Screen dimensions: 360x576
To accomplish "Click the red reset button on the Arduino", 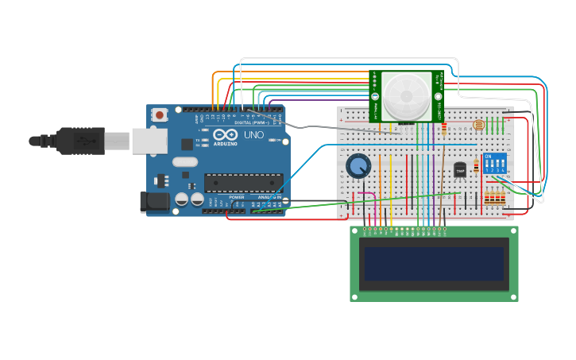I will tap(160, 114).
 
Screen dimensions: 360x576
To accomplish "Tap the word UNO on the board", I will tap(253, 135).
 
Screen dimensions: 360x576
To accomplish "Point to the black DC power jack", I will tap(154, 202).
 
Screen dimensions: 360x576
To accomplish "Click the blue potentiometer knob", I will tap(358, 166).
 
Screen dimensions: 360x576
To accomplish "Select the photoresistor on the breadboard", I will tap(477, 125).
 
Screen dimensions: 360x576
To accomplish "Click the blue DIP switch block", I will tap(495, 165).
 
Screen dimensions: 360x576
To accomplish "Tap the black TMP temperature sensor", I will tap(460, 169).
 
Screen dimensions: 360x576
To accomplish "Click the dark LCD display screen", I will tap(434, 264).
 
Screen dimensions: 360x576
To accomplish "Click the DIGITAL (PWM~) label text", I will tap(251, 122).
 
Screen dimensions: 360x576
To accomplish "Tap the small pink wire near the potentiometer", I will tap(366, 194).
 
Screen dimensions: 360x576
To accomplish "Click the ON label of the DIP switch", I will tap(487, 156).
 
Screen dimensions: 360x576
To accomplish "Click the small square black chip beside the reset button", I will tap(187, 144).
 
